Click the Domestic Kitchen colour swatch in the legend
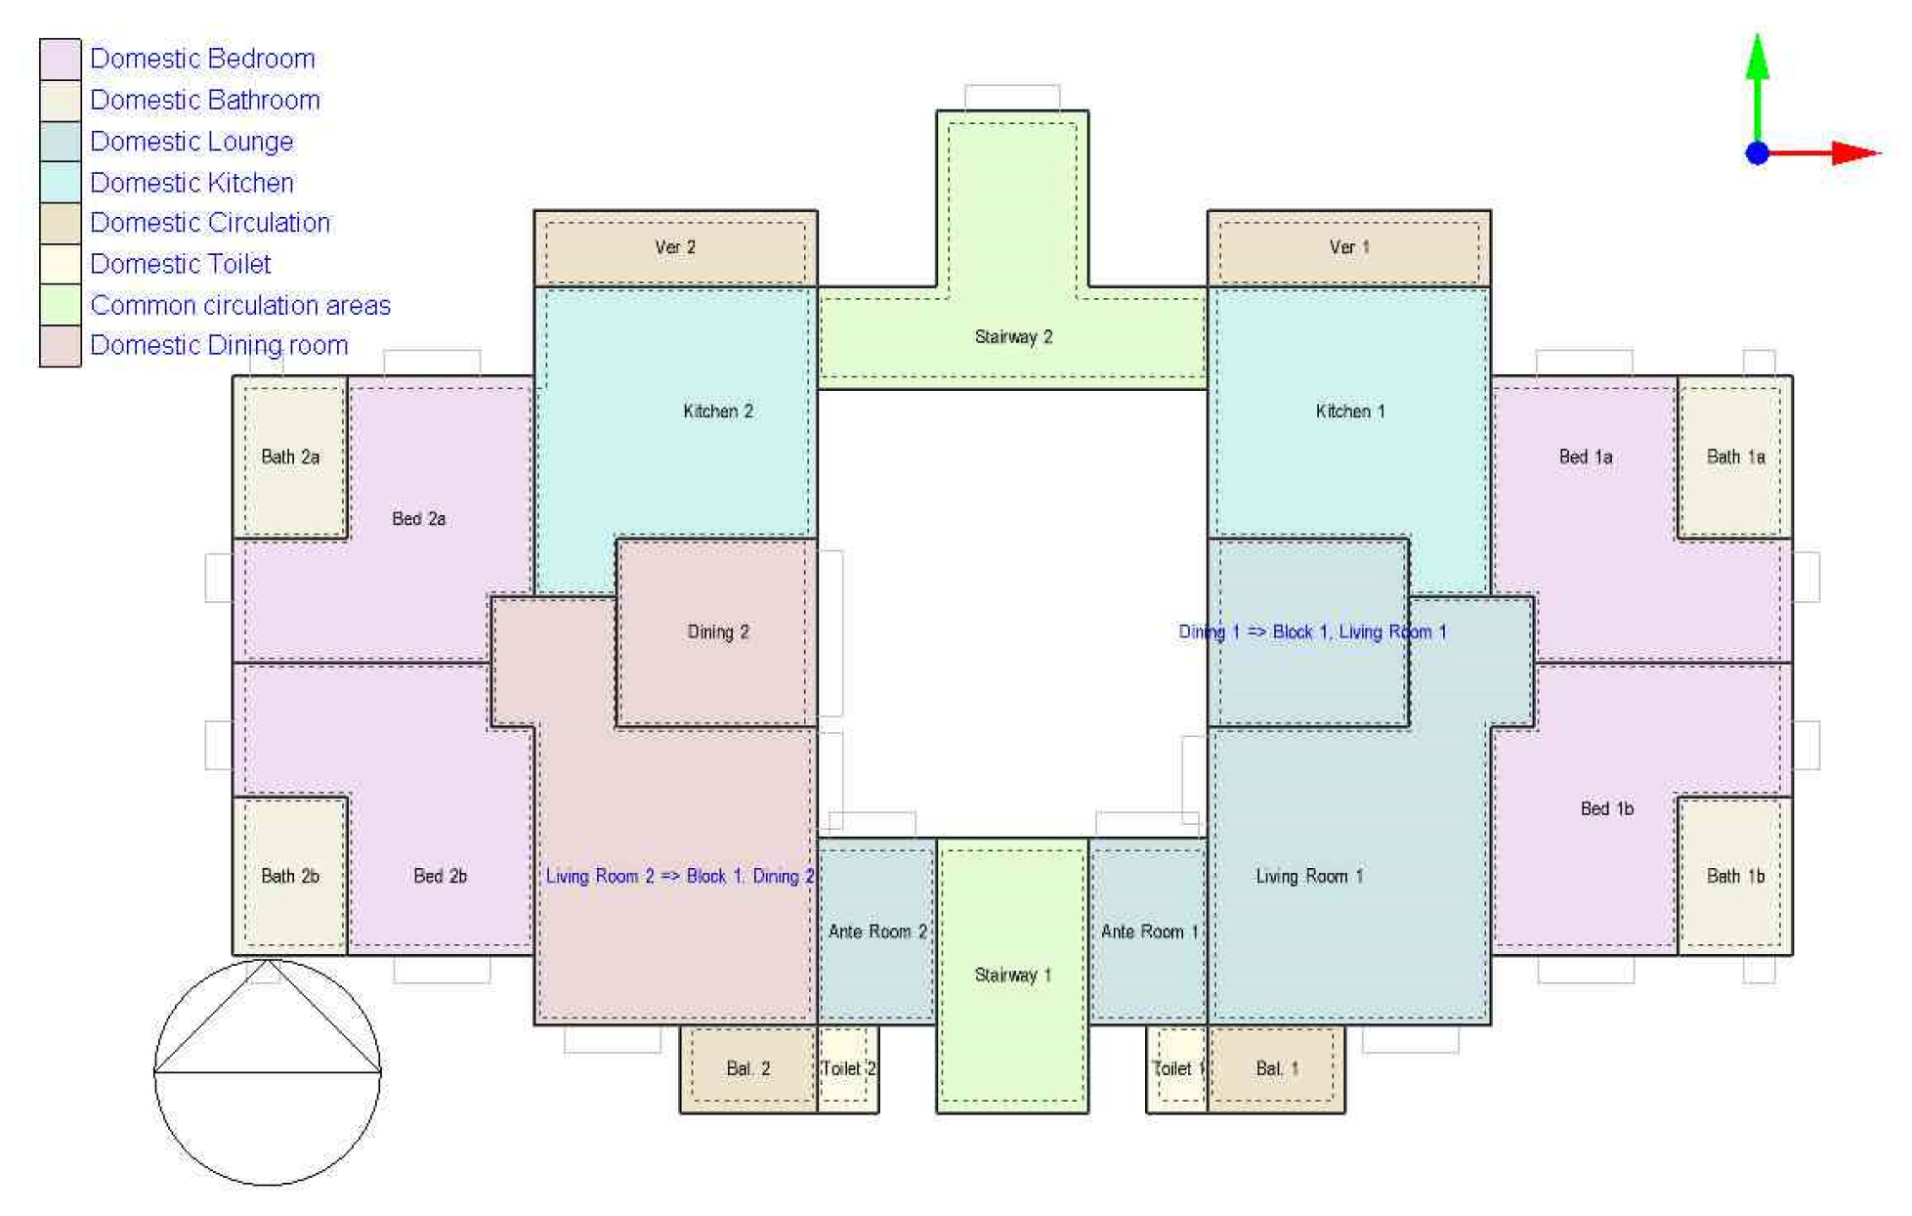(60, 182)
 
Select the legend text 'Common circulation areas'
(240, 305)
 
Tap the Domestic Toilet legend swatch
(60, 264)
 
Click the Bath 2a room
(290, 456)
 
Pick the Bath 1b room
(1735, 876)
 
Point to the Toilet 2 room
(848, 1068)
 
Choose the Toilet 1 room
(1177, 1068)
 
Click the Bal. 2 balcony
(748, 1068)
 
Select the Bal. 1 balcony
(1276, 1068)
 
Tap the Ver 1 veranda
(1349, 248)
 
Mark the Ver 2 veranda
(675, 248)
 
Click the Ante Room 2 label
(877, 932)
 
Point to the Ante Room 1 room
(1149, 931)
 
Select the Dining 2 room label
(718, 632)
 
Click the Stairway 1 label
(1013, 975)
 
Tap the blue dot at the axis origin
(1758, 152)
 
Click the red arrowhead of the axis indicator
(1856, 152)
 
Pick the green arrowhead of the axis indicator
(1758, 57)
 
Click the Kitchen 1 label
(1350, 412)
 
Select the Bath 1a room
(1735, 456)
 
